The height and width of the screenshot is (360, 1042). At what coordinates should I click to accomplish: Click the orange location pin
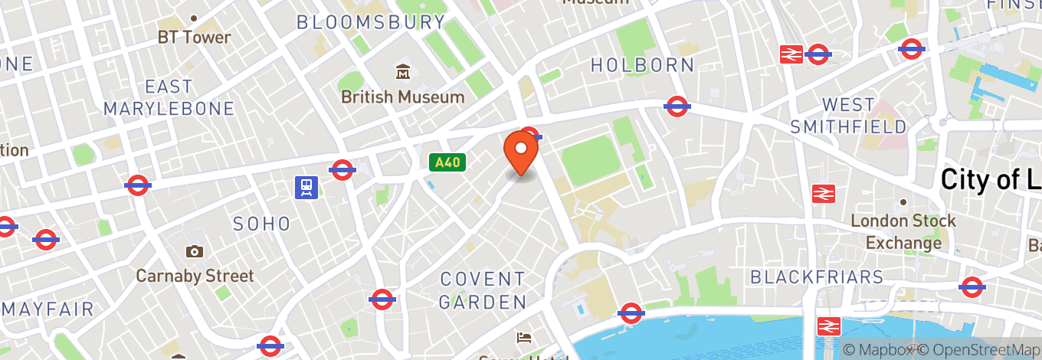521,152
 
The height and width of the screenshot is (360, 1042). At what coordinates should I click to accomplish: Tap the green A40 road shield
447,162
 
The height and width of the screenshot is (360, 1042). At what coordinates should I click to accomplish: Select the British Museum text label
403,97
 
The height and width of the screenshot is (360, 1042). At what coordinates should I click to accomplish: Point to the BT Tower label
194,37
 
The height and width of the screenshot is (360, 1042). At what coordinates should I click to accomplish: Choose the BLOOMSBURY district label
371,22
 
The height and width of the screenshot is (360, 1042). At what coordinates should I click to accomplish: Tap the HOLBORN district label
642,66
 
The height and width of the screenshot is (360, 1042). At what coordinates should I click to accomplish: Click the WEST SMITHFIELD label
848,115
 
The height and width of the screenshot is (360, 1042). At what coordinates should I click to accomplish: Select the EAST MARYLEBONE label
169,97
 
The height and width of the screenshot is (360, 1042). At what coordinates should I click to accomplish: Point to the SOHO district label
262,224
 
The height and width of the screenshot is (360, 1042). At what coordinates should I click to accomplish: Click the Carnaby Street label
195,275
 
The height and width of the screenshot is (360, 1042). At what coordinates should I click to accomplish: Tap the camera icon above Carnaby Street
195,251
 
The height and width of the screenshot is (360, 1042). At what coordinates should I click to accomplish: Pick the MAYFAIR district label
48,309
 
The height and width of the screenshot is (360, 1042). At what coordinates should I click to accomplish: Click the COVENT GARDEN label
483,290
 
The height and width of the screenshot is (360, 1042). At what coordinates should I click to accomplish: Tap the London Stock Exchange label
903,231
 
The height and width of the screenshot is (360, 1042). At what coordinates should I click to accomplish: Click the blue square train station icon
306,187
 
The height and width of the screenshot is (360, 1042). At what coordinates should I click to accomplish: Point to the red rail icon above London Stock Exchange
824,194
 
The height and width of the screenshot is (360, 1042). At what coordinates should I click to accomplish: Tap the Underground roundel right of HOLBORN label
677,106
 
